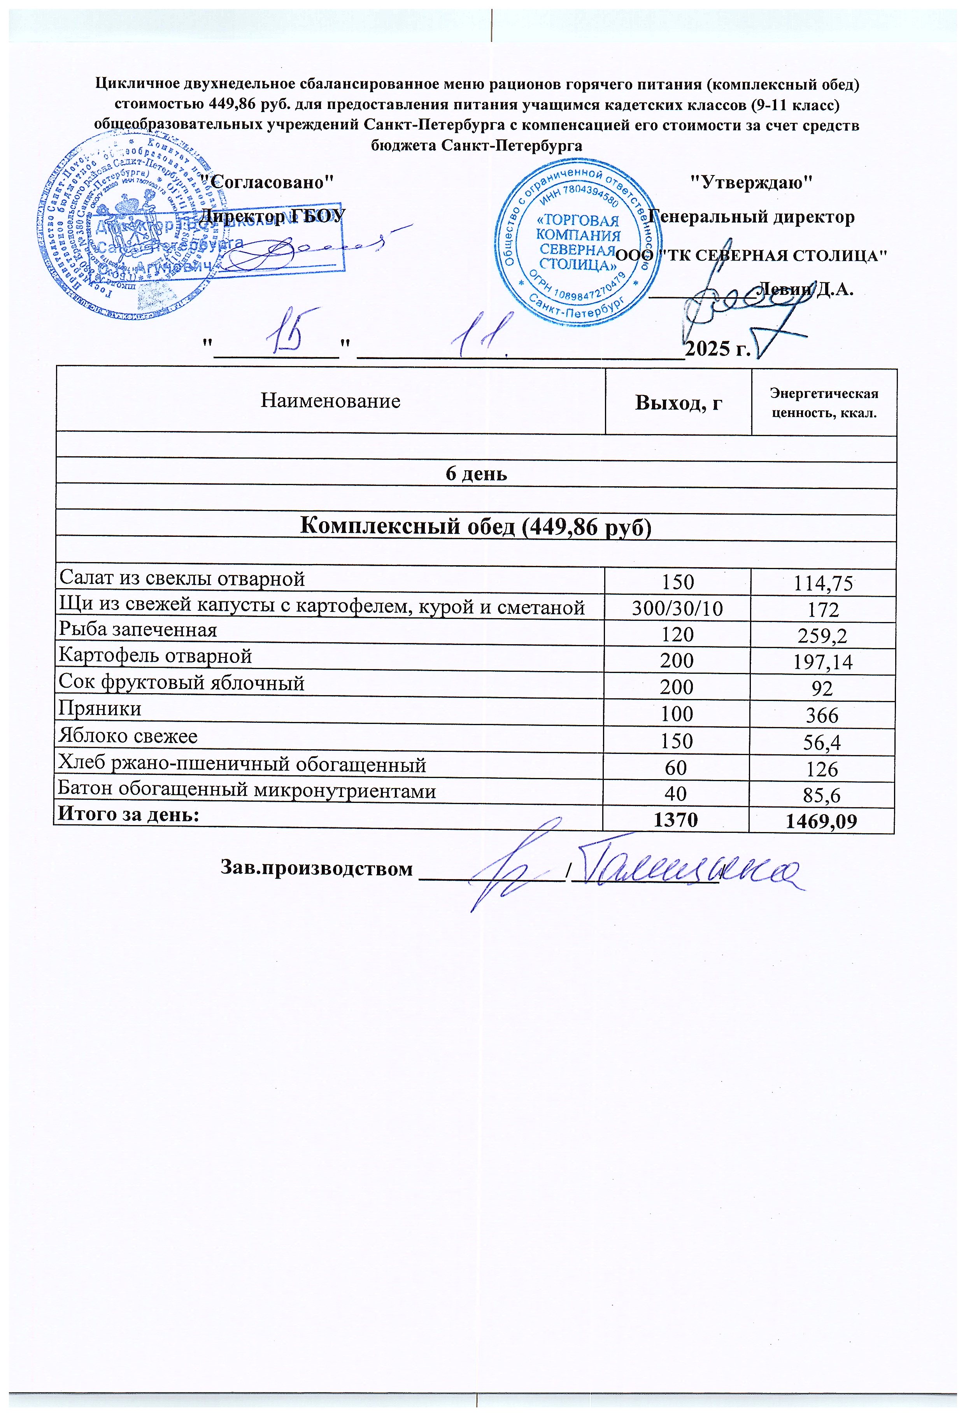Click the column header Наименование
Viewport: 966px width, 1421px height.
(x=330, y=401)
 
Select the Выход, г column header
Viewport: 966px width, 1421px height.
(x=678, y=402)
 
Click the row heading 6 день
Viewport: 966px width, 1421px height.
(x=476, y=474)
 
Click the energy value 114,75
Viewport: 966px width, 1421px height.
(x=822, y=583)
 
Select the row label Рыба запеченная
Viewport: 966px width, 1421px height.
(x=138, y=630)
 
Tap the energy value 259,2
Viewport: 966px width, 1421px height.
(x=822, y=636)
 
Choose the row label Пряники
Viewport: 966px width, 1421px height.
(x=100, y=709)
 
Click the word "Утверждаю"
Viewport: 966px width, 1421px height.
(x=751, y=182)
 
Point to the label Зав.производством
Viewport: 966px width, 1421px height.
(x=316, y=868)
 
